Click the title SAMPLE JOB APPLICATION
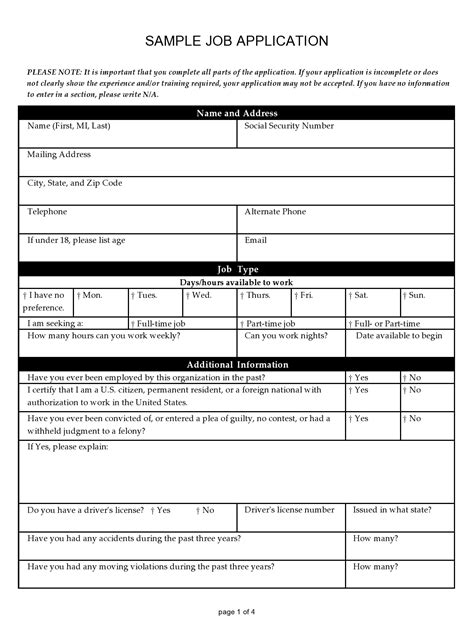tap(236, 41)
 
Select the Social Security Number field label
tap(289, 127)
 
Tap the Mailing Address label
tap(58, 155)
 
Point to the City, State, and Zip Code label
tap(74, 183)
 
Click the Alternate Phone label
tap(275, 212)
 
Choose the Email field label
tap(255, 240)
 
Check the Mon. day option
tap(89, 296)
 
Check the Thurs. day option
tap(255, 296)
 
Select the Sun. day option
tap(415, 296)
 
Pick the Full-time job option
tap(158, 324)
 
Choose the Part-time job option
tap(268, 324)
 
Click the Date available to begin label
tap(399, 336)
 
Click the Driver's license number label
tap(290, 510)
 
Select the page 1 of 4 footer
tap(237, 608)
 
